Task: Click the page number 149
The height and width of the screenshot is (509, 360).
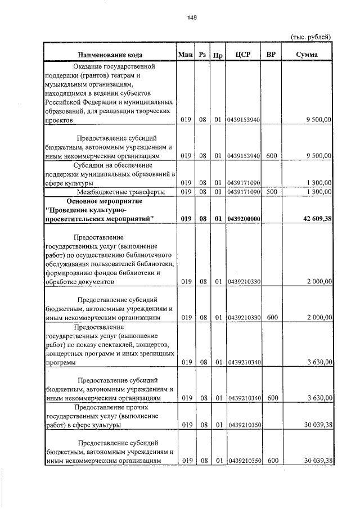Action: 191,17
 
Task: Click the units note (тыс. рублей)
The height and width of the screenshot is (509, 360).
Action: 310,37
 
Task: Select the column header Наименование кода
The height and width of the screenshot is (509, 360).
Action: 110,55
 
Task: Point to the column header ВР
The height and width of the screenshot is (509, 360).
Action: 271,54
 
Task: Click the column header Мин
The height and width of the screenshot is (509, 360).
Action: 185,54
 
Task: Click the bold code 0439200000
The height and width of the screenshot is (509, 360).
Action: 244,218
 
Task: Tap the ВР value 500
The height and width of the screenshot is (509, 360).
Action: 272,192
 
